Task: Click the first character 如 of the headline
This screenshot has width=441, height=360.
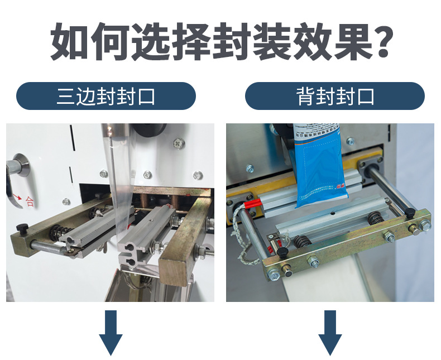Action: tap(70, 41)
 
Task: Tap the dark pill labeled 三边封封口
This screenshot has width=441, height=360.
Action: tap(106, 96)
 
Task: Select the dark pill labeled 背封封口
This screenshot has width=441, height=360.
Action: tap(334, 96)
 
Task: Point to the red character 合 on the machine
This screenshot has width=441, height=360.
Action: tap(29, 201)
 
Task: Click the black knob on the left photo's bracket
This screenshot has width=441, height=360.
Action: tap(23, 227)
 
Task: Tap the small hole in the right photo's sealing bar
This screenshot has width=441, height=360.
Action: tap(332, 213)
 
